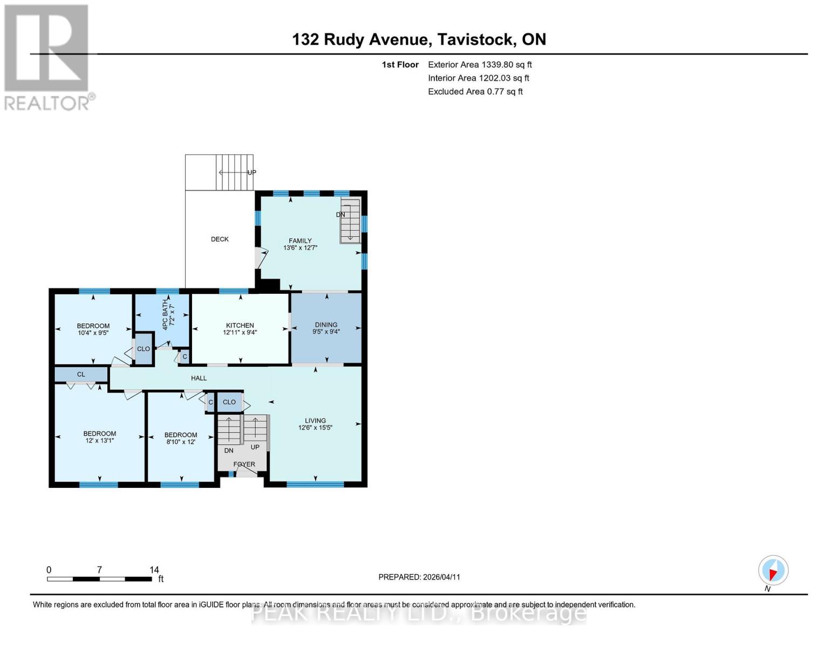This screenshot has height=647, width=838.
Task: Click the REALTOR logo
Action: (x=47, y=57)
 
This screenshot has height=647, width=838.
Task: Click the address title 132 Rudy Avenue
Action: (x=419, y=39)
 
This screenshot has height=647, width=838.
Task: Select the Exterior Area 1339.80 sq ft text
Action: (x=480, y=65)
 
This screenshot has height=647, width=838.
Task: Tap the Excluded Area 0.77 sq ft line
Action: (x=475, y=92)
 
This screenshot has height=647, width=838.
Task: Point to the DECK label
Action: (x=220, y=239)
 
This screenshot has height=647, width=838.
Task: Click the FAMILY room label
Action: (x=300, y=241)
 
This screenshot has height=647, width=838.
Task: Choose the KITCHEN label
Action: (x=240, y=325)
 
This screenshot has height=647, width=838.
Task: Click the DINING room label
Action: (x=326, y=325)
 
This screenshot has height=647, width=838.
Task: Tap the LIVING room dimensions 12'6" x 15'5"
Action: (x=315, y=428)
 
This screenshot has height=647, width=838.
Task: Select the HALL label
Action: (x=199, y=378)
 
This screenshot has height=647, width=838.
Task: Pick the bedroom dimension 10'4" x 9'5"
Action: (x=93, y=333)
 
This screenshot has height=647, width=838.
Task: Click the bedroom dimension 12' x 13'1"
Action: (x=99, y=440)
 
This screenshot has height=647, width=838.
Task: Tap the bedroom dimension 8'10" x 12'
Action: (x=181, y=442)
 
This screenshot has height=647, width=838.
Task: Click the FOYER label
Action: (x=244, y=464)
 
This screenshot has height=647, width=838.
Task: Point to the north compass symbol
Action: (x=773, y=570)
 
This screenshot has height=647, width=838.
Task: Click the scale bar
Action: (x=99, y=579)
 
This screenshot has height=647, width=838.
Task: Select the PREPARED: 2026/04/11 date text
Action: (x=419, y=577)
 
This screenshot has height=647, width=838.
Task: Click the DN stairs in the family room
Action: (x=350, y=221)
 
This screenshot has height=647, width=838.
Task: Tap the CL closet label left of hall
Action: (x=81, y=374)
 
